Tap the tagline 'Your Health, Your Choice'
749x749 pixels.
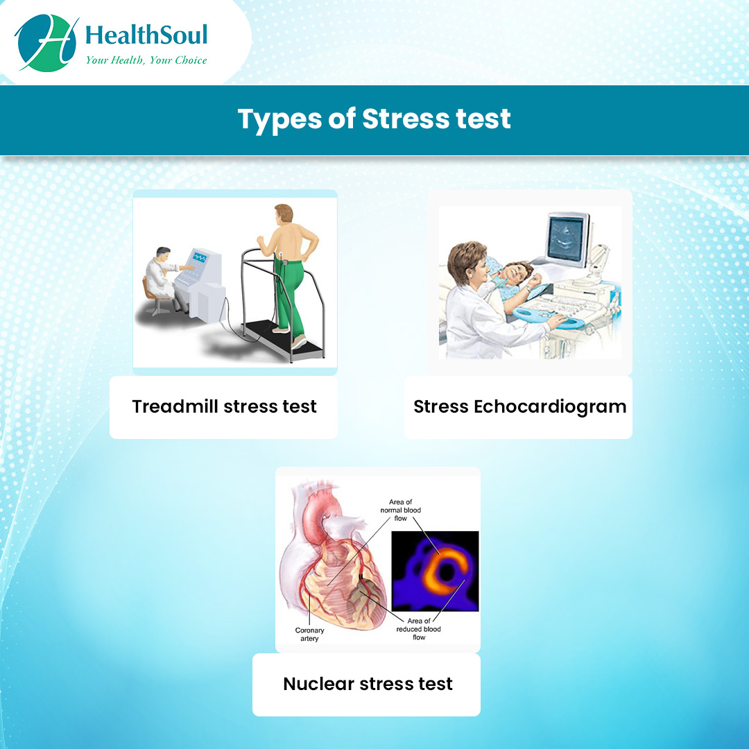146,60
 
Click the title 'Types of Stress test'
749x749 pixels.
374,119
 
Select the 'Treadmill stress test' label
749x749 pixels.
224,406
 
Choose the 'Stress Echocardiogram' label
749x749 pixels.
519,406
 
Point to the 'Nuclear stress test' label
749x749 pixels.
368,684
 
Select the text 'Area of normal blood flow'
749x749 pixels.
404,510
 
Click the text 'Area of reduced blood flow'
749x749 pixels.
418,629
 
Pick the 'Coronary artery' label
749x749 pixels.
309,634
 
